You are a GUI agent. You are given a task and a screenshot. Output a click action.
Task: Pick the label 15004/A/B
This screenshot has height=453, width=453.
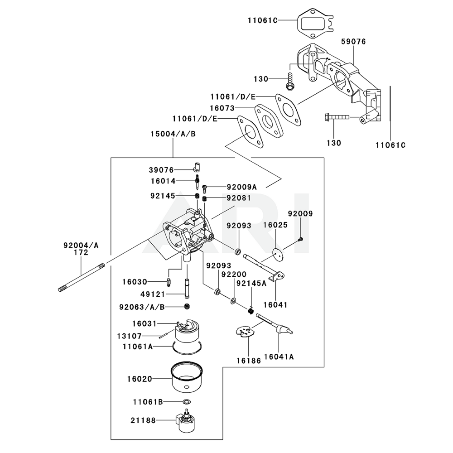point(173,134)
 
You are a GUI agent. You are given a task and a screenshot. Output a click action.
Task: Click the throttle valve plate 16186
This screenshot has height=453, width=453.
point(245,333)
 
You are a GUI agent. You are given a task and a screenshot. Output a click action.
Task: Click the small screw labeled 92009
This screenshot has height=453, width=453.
point(301,239)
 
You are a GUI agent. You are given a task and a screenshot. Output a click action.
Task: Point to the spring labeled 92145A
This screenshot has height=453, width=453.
point(250,310)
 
